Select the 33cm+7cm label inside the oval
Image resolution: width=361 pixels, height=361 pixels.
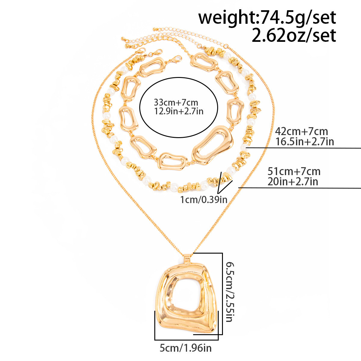(x=176, y=103)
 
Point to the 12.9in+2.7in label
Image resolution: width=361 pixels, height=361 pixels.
(x=179, y=111)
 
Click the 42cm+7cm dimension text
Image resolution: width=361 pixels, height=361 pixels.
(x=301, y=131)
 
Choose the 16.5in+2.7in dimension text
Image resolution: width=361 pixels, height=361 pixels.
(x=304, y=141)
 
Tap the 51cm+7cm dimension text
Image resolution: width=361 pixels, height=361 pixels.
(x=294, y=171)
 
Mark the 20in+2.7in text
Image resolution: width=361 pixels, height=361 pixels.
(x=292, y=181)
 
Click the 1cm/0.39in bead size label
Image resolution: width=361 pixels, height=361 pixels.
(x=204, y=199)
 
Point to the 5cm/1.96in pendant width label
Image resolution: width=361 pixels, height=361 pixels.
(x=185, y=348)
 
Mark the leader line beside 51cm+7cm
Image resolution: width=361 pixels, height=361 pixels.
(x=301, y=188)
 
